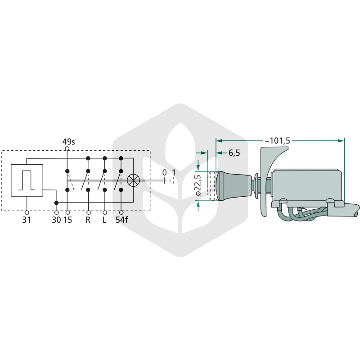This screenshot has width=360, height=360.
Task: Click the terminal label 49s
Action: point(69,142)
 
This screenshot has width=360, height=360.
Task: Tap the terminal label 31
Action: point(27,220)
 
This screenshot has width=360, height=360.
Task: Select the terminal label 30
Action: point(56,220)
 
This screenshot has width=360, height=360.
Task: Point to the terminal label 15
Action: point(68,220)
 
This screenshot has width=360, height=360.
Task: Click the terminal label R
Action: point(88,220)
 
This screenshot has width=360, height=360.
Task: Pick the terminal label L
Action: point(104,220)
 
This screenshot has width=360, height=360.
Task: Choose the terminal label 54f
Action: point(121,220)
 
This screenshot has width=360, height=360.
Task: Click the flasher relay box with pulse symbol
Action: point(27,180)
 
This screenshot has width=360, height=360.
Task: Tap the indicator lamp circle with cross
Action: point(133,180)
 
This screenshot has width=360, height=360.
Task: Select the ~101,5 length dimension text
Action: point(277,141)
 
